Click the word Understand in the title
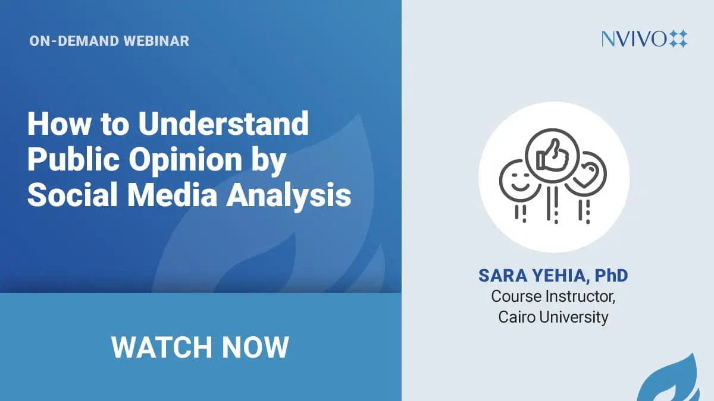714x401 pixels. [x=223, y=124]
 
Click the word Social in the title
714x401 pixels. [x=73, y=195]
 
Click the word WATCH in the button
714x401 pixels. [x=162, y=347]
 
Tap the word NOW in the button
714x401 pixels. [x=255, y=347]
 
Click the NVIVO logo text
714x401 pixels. [x=634, y=39]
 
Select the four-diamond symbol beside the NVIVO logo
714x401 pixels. [x=678, y=39]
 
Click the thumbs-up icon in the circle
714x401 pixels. [x=552, y=156]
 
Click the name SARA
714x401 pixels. [x=503, y=276]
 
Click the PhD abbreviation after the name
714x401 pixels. [x=612, y=276]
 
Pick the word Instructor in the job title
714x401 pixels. [x=580, y=296]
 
